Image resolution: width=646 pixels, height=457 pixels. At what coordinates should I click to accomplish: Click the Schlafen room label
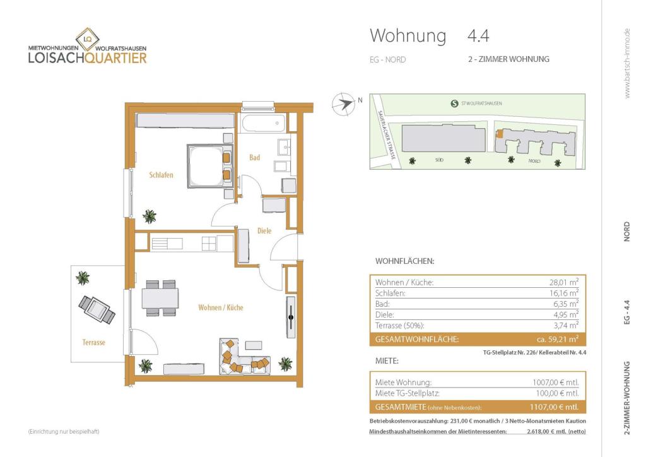point(161,175)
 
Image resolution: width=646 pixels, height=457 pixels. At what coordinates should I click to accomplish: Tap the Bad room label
point(255,157)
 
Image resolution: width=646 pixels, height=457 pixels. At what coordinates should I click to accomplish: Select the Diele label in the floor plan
point(264,231)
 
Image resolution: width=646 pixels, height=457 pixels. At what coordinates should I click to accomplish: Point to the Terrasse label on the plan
point(93,342)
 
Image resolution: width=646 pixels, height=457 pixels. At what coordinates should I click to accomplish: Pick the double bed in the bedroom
point(210,166)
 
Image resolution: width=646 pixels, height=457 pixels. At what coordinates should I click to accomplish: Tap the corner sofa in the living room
point(244,357)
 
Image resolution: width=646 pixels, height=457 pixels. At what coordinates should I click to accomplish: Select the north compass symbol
point(344,104)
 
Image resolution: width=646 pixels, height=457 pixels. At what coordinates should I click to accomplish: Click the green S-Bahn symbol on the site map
point(454,104)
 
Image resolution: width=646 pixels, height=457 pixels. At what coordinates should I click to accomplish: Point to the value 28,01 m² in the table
point(563,282)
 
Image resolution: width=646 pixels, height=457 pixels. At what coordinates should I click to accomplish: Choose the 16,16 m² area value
point(564,293)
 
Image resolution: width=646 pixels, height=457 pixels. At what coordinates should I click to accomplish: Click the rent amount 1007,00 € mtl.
point(555,383)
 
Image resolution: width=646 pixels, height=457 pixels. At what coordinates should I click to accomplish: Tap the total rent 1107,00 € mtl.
point(554,407)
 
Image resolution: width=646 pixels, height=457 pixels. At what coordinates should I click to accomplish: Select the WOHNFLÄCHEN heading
point(404,261)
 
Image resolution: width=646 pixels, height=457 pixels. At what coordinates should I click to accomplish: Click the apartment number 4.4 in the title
point(478,36)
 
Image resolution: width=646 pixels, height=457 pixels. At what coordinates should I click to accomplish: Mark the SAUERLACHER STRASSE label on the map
point(387,134)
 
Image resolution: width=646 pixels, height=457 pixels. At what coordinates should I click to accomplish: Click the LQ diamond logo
point(87,39)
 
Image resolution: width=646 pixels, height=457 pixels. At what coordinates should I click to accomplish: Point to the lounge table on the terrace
point(97,309)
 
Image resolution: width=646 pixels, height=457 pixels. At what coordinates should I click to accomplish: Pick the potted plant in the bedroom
point(149,217)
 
